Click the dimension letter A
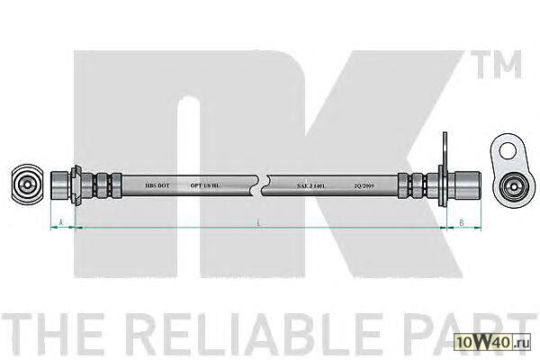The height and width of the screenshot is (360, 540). (x=60, y=221)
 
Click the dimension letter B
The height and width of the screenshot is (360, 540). (x=461, y=221)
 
